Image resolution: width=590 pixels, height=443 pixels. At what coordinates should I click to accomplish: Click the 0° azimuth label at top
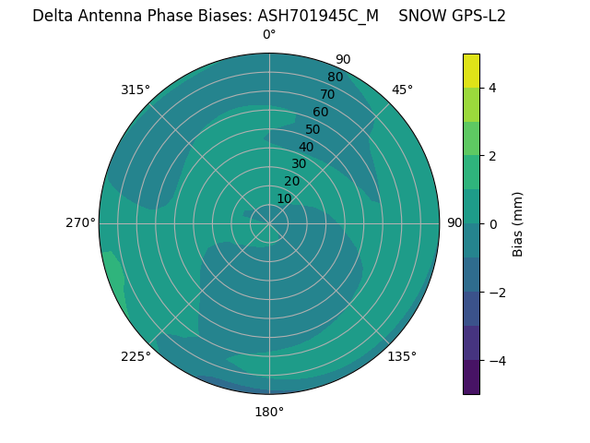pyautogui.click(x=269, y=35)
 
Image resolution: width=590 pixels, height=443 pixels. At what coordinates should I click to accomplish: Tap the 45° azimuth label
pyautogui.click(x=402, y=90)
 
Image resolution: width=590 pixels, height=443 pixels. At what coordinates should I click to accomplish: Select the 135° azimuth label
pyautogui.click(x=402, y=356)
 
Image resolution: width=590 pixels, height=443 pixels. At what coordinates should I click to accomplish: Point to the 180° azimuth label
pyautogui.click(x=269, y=412)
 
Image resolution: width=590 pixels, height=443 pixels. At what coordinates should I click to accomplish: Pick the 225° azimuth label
pyautogui.click(x=136, y=356)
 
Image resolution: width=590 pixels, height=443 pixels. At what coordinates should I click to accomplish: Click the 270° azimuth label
pyautogui.click(x=81, y=222)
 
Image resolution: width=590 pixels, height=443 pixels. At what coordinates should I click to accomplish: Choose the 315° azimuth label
pyautogui.click(x=136, y=90)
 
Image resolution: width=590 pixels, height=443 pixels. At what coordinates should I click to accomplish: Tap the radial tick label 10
pyautogui.click(x=284, y=198)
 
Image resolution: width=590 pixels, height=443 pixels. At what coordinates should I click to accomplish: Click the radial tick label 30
pyautogui.click(x=299, y=163)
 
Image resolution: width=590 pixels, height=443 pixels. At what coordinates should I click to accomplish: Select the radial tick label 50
pyautogui.click(x=313, y=129)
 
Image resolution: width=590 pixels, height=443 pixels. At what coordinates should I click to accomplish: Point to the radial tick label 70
pyautogui.click(x=327, y=94)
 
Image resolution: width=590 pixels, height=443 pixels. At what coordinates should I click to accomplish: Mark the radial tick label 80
pyautogui.click(x=335, y=77)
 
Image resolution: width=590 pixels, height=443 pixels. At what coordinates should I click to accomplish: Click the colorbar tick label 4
pyautogui.click(x=493, y=88)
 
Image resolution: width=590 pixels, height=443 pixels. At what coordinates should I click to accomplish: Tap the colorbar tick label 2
pyautogui.click(x=493, y=155)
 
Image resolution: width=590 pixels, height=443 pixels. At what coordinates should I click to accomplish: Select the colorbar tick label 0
pyautogui.click(x=493, y=223)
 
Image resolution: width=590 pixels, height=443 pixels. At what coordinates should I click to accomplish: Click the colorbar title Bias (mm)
pyautogui.click(x=518, y=223)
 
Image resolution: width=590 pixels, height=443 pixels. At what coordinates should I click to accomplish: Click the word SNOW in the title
pyautogui.click(x=419, y=16)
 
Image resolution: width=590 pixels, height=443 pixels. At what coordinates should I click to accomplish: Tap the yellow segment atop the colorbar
pyautogui.click(x=471, y=70)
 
